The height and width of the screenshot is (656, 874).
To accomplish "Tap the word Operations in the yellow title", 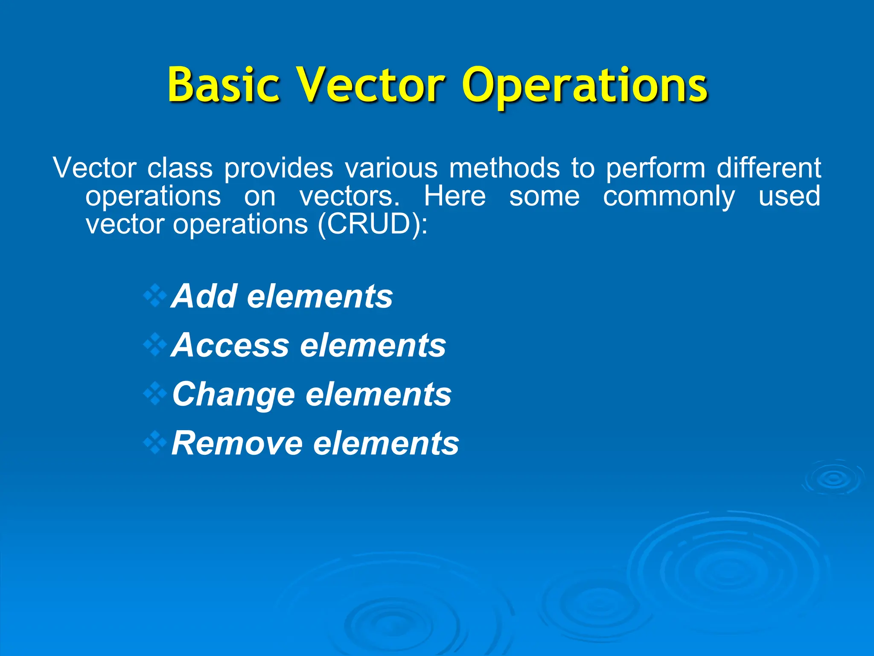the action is point(584,88).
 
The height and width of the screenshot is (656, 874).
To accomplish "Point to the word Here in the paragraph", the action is point(454,196).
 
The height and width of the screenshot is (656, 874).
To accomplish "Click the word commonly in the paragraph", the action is point(669,197).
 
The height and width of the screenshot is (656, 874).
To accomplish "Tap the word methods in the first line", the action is point(504,167).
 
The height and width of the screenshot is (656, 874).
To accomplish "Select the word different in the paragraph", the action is point(769,167).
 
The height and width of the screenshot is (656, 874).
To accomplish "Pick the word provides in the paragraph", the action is point(279,168).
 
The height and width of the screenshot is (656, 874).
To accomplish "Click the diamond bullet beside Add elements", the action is point(155,296).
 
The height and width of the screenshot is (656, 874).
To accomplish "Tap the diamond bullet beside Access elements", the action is point(155,345).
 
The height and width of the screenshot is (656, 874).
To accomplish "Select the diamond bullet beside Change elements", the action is point(155,394).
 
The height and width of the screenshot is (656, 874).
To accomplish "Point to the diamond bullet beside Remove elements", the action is point(155,442).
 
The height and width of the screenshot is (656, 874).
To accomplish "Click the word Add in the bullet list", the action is point(204,296).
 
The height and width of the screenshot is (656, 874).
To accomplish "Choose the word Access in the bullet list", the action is point(230,345).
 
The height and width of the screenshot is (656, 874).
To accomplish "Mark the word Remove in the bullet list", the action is point(237,443).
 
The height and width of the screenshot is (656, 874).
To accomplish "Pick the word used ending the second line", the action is point(790,196).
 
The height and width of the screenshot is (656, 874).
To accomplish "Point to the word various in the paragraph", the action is point(391,168).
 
